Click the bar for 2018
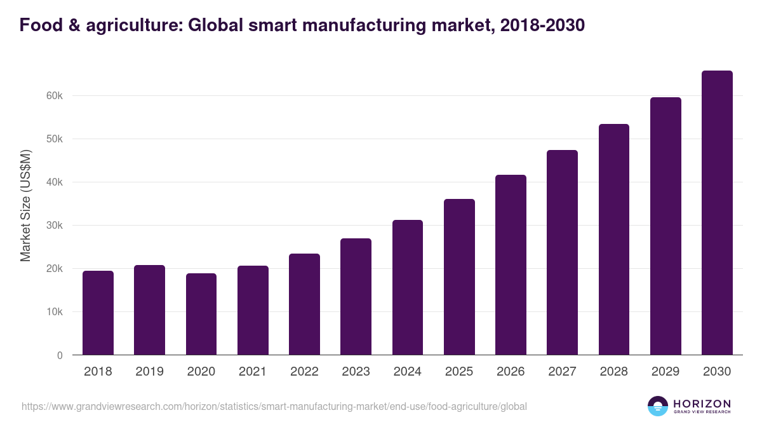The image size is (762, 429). click(98, 313)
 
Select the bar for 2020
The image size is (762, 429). click(201, 314)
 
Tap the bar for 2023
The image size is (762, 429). click(356, 297)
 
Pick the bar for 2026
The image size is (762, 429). click(511, 265)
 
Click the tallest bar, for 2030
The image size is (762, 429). click(717, 213)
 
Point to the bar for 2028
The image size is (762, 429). click(614, 240)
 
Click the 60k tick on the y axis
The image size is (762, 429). click(53, 96)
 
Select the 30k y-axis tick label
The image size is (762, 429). click(53, 226)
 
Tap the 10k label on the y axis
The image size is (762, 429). click(53, 312)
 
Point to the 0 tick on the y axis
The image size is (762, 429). click(60, 355)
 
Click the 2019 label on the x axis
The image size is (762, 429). click(149, 372)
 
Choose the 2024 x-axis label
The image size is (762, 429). click(407, 372)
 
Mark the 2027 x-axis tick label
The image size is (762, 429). click(562, 372)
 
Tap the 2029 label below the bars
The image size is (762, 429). click(665, 372)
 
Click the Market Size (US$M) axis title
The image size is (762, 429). click(25, 205)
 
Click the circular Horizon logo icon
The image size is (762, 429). click(658, 406)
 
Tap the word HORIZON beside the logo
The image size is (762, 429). click(702, 403)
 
